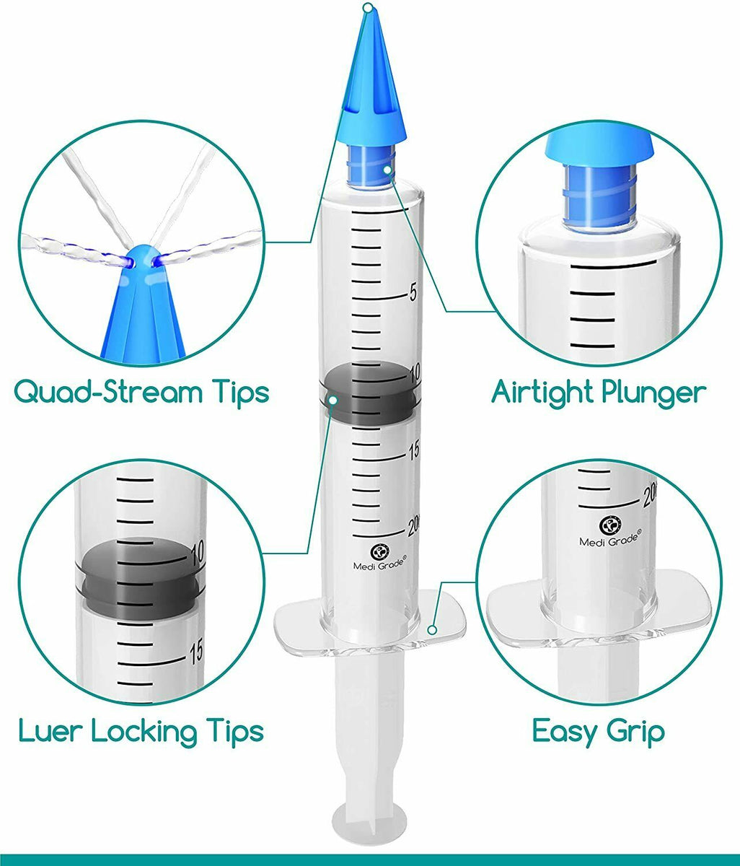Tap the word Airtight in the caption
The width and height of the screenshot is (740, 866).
click(x=543, y=393)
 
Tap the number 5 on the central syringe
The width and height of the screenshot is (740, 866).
click(x=413, y=292)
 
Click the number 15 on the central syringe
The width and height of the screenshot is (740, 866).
click(x=414, y=451)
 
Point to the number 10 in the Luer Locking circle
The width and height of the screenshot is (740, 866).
click(x=197, y=552)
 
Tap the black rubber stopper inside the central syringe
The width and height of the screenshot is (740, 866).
click(x=369, y=391)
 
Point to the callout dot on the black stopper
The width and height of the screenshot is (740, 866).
click(x=333, y=400)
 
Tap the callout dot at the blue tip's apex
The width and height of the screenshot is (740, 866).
click(x=368, y=7)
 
